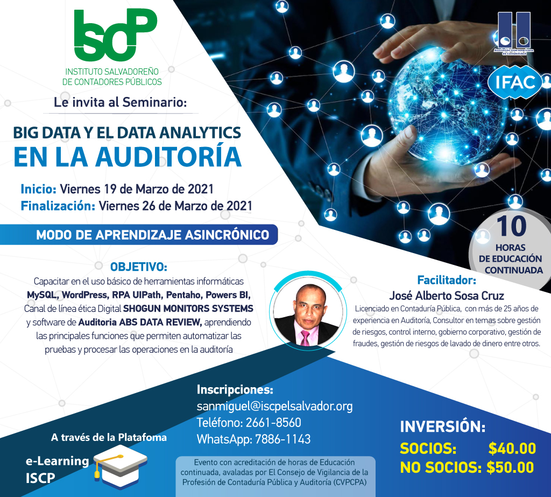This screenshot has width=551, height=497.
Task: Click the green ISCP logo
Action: point(115,35)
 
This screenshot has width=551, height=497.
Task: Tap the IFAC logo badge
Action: point(515,82)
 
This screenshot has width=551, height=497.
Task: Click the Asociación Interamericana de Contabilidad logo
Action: point(514,33)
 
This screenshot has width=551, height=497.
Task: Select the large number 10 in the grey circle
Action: point(511,226)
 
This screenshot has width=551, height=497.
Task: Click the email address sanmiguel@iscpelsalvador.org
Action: point(274,406)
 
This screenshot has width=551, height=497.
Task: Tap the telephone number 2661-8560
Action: point(273,423)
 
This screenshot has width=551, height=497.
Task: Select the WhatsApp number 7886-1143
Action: point(282,439)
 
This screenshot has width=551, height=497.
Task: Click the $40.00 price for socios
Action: point(512,449)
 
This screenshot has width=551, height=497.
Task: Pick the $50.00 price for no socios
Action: point(510,467)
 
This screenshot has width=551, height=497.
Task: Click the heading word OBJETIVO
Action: point(138,267)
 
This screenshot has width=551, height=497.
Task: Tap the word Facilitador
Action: point(446,280)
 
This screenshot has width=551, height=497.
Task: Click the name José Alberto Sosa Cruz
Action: point(447,296)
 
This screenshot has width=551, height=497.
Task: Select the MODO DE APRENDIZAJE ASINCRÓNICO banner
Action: point(139,235)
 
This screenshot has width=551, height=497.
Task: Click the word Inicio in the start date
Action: point(38,189)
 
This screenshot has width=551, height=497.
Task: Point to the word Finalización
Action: point(58,206)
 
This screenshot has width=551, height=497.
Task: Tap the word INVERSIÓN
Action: point(442,426)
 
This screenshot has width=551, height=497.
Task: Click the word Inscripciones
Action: point(235,390)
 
